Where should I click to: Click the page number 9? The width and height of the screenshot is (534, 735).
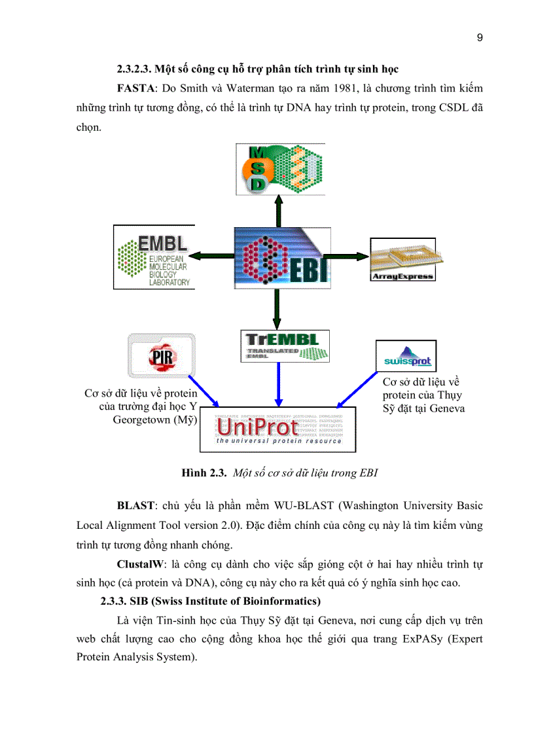[x=480, y=37]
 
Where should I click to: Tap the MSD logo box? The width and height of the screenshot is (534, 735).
[x=280, y=169]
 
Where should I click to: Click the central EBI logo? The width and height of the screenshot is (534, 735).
[x=279, y=257]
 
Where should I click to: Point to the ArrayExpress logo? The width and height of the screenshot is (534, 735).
[x=402, y=259]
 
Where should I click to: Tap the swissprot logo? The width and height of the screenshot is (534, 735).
[x=406, y=357]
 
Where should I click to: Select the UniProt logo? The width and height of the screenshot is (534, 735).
[x=278, y=429]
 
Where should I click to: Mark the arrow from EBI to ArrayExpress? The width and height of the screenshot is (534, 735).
[x=347, y=256]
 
